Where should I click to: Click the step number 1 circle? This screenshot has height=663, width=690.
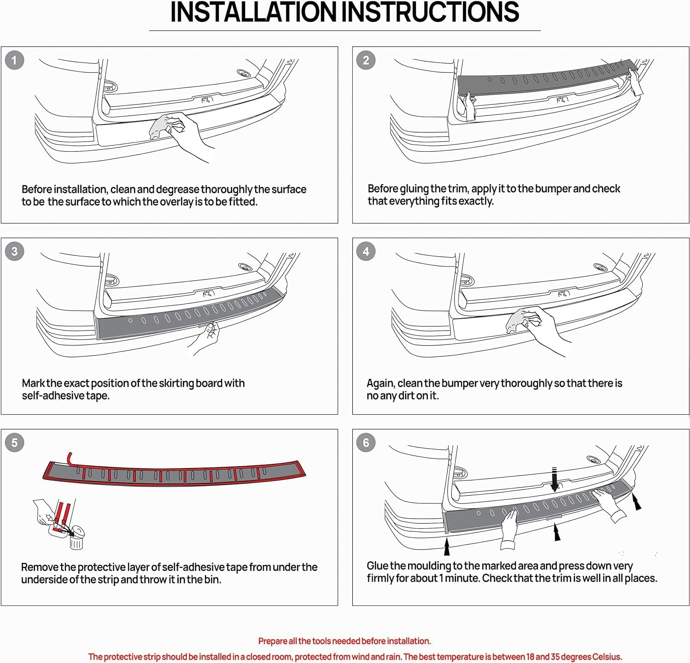pos(14,60)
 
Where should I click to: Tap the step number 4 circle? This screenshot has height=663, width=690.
pos(366,251)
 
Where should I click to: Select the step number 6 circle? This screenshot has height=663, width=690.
pos(366,443)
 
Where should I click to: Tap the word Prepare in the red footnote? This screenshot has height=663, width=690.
pos(272,641)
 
